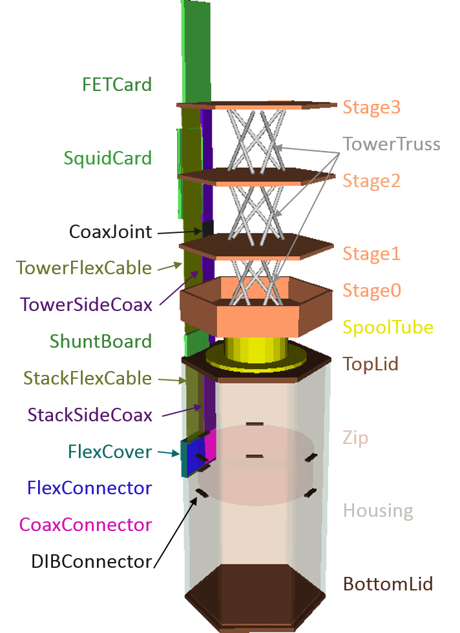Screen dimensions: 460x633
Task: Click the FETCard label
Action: [x=117, y=85]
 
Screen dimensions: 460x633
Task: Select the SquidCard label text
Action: [x=108, y=158]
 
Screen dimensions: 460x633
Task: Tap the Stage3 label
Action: [x=371, y=107]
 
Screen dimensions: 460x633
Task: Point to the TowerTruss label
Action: [x=391, y=143]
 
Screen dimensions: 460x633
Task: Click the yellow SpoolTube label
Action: [x=388, y=327]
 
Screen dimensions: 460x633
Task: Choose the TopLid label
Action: [x=370, y=364]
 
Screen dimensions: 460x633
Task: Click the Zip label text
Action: [x=355, y=438]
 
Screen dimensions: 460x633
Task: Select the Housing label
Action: [x=378, y=511]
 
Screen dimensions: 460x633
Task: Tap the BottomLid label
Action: [x=388, y=585]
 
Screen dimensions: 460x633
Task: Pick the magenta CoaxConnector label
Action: [x=86, y=525]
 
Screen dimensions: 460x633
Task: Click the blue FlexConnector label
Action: [x=90, y=488]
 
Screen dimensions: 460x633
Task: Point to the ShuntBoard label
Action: [x=101, y=341]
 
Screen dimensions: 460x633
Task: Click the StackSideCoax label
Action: [x=90, y=414]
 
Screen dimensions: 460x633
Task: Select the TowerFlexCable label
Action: [x=83, y=268]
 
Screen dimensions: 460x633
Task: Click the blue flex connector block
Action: [x=193, y=457]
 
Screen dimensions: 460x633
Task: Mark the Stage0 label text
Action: [x=371, y=290]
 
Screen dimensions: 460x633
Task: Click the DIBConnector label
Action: [x=92, y=561]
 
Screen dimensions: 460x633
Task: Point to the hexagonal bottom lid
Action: [x=254, y=597]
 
